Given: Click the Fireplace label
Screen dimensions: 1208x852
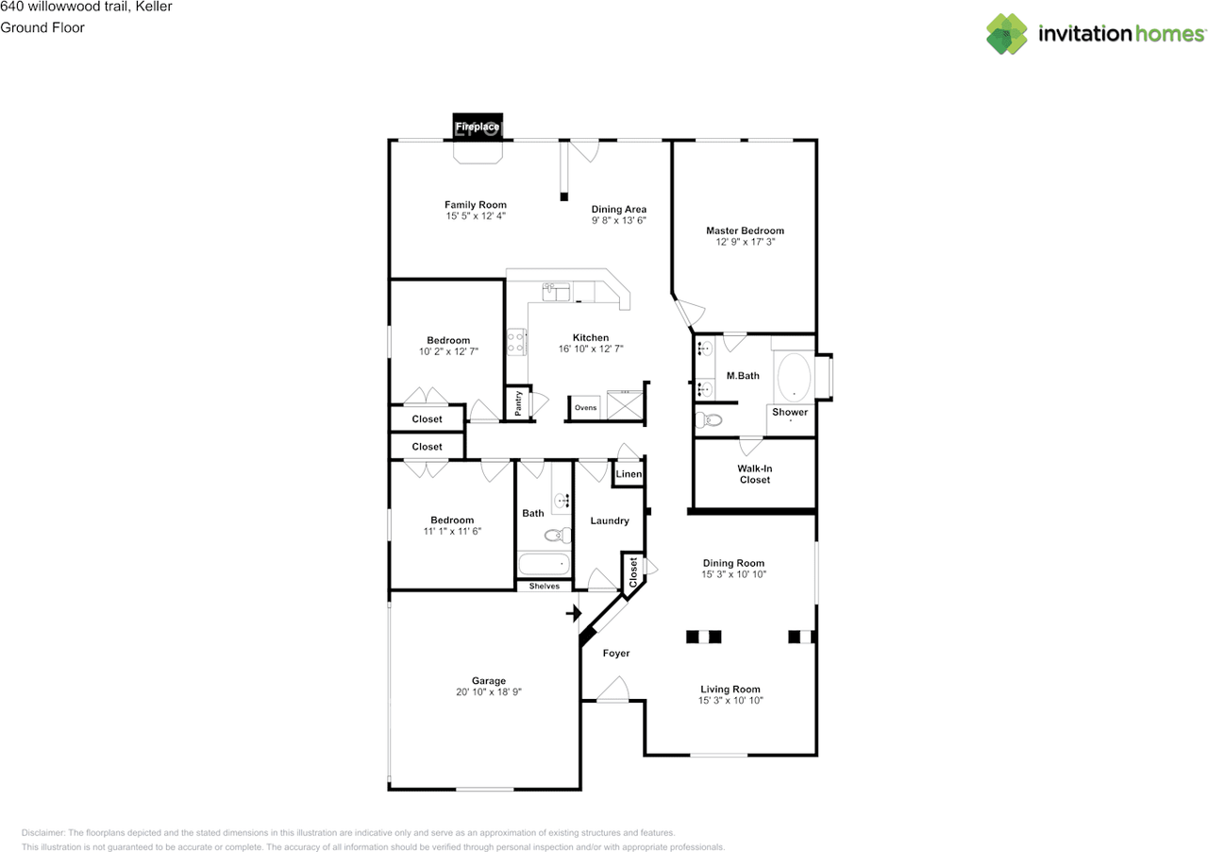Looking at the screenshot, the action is coord(478,127).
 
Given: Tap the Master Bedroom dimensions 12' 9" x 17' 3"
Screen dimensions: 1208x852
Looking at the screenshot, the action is coord(746,242).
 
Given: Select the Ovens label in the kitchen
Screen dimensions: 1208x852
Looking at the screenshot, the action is coord(586,408).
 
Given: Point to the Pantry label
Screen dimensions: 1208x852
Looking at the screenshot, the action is coord(518,403).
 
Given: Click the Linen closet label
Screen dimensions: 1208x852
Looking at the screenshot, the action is coord(629,474).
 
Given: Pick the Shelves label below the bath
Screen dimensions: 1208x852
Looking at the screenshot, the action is coord(545,586).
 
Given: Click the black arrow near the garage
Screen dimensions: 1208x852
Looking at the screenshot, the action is coord(574,613).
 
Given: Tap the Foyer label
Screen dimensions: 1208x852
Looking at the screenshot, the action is coord(616,654).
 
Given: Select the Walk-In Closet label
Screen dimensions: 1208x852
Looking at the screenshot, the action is coord(755,474).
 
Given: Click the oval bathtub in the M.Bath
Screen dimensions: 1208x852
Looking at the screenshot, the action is coord(794,377).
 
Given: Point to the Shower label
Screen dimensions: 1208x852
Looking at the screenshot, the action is coord(790,412).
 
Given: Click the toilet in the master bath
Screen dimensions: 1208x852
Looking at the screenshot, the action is coord(709,419).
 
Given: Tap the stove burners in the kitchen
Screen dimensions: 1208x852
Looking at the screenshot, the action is coord(516,342).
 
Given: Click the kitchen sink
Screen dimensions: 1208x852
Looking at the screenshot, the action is coord(556,292).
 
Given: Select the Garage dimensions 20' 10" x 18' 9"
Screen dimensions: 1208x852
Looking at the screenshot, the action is coord(489,692).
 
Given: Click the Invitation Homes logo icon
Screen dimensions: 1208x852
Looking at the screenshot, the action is coord(1007,34).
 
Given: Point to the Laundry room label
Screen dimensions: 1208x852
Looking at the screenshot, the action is coord(610,521).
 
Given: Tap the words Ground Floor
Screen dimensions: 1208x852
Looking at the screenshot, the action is coord(42,27).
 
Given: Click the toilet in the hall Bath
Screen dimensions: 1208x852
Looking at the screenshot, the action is coord(558,535).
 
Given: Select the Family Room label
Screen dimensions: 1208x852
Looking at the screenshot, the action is coord(475,205).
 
